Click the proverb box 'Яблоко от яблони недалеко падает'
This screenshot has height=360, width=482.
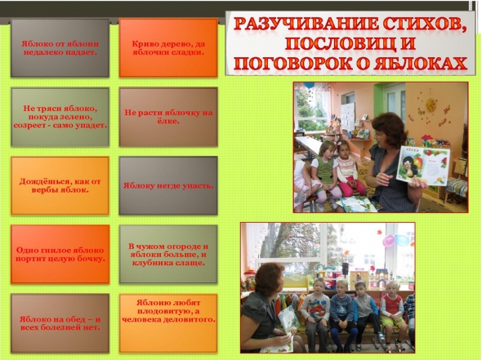[x=60, y=48]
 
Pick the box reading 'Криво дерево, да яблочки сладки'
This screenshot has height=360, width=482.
[x=168, y=48]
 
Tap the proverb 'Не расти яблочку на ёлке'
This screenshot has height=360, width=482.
[x=168, y=117]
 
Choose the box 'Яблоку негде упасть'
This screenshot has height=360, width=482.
[x=168, y=185]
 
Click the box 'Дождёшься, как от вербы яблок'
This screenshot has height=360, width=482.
[x=60, y=185]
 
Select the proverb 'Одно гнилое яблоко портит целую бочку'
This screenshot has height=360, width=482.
[x=60, y=254]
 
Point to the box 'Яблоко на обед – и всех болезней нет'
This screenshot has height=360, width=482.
[x=60, y=323]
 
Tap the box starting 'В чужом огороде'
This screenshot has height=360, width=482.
[x=168, y=254]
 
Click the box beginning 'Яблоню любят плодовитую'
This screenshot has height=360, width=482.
[x=168, y=323]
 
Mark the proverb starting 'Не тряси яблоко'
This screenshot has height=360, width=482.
[x=60, y=117]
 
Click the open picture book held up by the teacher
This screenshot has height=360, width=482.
[x=422, y=166]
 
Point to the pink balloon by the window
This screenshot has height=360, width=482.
[x=389, y=241]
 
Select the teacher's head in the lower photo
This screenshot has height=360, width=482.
[x=269, y=279]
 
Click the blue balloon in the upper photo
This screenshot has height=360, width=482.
[x=310, y=86]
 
